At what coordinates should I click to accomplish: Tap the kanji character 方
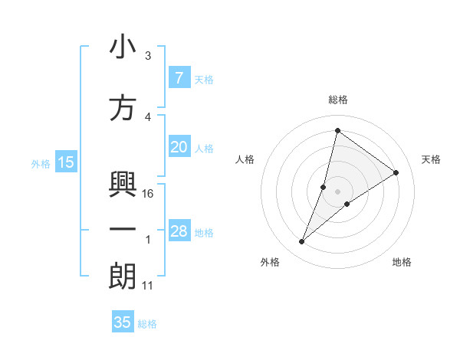click(123, 109)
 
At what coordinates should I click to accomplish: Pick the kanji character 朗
click(123, 277)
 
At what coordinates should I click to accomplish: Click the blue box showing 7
click(179, 78)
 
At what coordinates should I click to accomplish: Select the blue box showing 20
click(179, 148)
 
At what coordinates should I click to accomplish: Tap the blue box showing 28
click(179, 232)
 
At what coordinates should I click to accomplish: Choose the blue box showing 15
click(66, 162)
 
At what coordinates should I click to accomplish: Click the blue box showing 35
click(123, 322)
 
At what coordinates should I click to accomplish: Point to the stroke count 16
click(149, 194)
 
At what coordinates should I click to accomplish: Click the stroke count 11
click(149, 286)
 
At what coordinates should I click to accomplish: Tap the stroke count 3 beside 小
click(148, 56)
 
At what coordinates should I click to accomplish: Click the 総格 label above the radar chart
click(337, 100)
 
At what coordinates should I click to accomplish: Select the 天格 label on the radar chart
click(432, 159)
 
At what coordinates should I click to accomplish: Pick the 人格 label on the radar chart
click(245, 159)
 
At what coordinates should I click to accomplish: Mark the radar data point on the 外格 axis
click(302, 242)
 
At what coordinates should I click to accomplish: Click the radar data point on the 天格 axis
click(396, 172)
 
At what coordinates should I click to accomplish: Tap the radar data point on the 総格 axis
click(337, 131)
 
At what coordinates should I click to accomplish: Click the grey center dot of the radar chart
click(337, 191)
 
